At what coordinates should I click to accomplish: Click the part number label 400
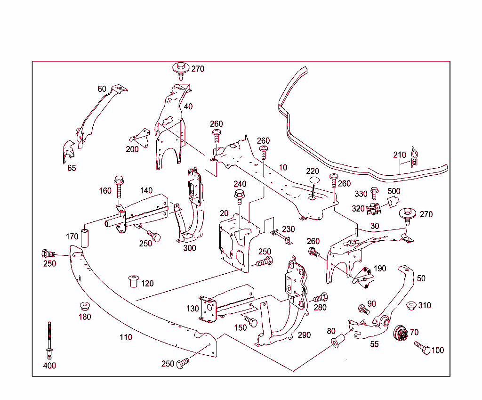coord(49,366)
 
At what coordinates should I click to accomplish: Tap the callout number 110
coord(126,337)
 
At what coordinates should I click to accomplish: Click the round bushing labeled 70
coord(401,334)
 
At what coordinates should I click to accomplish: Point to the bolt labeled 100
coord(422,348)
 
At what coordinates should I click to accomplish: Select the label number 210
coord(400,155)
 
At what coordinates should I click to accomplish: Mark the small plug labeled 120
coord(134,281)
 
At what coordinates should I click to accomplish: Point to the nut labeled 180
coord(85,305)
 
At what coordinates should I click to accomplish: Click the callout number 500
coord(394,191)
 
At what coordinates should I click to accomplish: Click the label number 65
coord(72,168)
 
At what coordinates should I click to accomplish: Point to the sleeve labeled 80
coord(336,341)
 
